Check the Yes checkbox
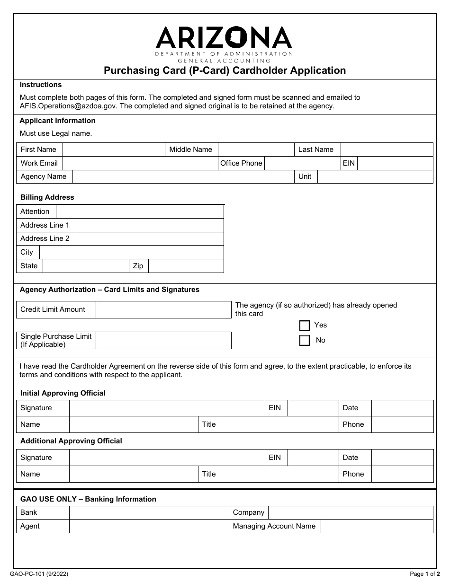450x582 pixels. (305, 326)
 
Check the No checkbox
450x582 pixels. (305, 340)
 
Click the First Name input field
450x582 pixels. (114, 150)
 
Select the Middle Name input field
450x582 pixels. (256, 150)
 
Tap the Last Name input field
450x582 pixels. (387, 150)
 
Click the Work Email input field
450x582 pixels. (140, 163)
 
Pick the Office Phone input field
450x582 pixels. (302, 163)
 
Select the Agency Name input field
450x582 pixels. (183, 176)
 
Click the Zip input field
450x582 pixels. (186, 266)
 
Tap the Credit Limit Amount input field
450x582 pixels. (163, 309)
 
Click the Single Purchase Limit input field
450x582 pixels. (163, 340)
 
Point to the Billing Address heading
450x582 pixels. (47, 197)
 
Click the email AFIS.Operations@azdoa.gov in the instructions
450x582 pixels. (66, 106)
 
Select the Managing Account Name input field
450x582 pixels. (377, 526)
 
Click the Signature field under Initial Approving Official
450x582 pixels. (166, 408)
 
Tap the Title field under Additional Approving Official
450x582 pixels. (279, 474)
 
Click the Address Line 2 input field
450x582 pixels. (149, 238)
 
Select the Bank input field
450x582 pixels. (149, 512)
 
